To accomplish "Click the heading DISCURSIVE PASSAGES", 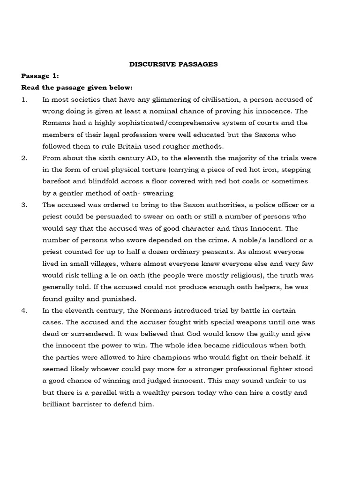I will [173, 64].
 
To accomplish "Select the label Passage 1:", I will [40, 76].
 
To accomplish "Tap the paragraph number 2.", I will [24, 158].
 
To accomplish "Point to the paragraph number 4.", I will [24, 310].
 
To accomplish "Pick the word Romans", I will [55, 123].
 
